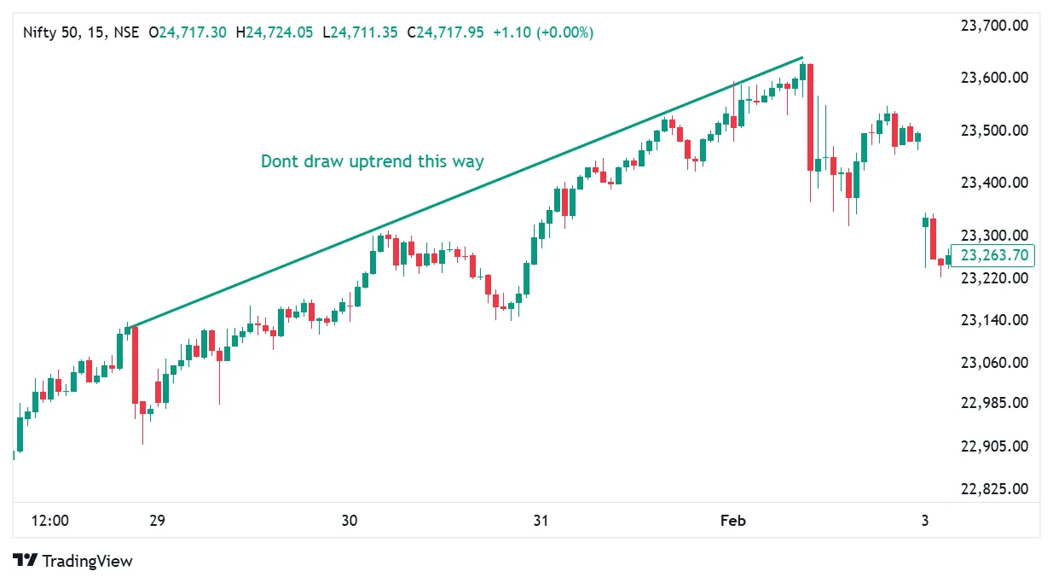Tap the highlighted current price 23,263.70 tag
pyautogui.click(x=992, y=254)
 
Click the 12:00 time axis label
pyautogui.click(x=50, y=521)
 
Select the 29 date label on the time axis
pyautogui.click(x=157, y=521)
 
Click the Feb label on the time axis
pyautogui.click(x=733, y=521)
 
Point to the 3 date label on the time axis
pyautogui.click(x=925, y=521)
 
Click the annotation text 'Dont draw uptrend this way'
pyautogui.click(x=372, y=161)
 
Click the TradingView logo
pyautogui.click(x=73, y=561)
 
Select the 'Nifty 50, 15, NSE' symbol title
pyautogui.click(x=82, y=32)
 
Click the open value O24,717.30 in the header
pyautogui.click(x=188, y=32)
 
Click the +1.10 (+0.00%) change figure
pyautogui.click(x=543, y=32)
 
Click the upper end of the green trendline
pyautogui.click(x=802, y=58)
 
